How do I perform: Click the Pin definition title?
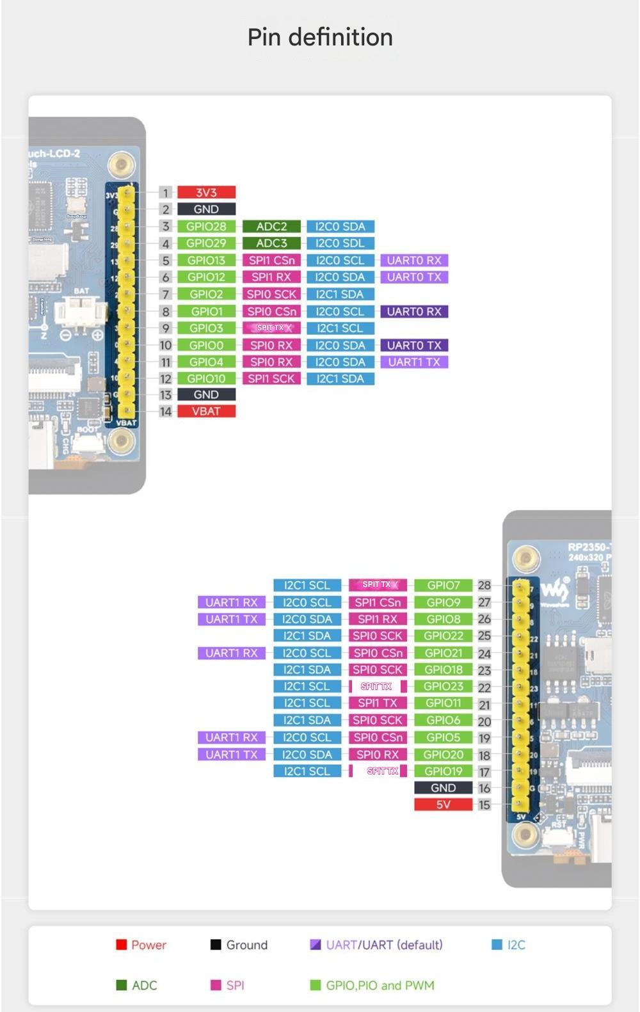coord(320,37)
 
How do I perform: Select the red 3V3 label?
coord(206,192)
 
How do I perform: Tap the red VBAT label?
coord(206,412)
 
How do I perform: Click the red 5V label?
coord(443,805)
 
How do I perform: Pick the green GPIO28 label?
coord(206,227)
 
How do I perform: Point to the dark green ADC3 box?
coord(271,243)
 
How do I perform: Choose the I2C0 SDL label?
coord(340,243)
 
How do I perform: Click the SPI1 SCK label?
coord(271,379)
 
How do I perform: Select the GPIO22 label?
coord(443,636)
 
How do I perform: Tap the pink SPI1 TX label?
coord(378,703)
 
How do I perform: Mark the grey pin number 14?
coord(166,412)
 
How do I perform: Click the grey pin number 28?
coord(484,585)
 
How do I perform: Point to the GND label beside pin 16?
coord(443,788)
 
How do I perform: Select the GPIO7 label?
coord(443,585)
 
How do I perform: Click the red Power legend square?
coord(121,945)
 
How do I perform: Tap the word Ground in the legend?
coord(246,945)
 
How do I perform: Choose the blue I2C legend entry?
coord(509,945)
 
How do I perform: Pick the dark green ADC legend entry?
coord(136,985)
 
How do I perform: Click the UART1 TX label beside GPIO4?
coord(414,362)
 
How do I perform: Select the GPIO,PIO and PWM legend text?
coord(380,985)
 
